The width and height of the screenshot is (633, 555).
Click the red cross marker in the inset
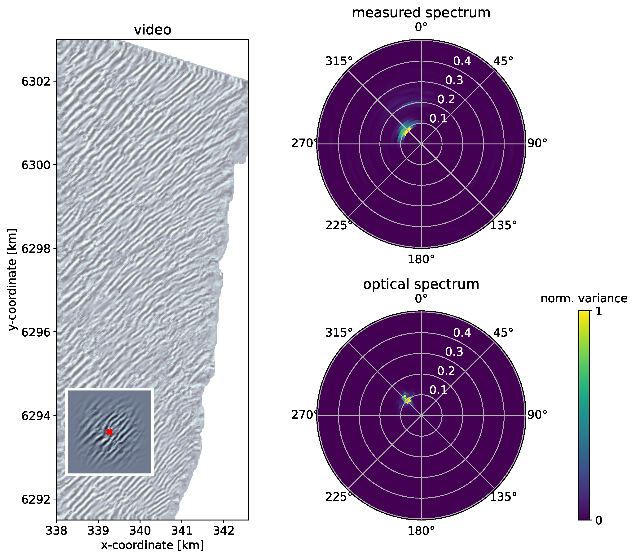[x=109, y=432]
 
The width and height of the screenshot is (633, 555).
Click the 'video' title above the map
[x=152, y=30]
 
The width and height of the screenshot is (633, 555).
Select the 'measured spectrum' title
[x=421, y=13]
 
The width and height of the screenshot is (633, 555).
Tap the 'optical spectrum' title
[x=421, y=284]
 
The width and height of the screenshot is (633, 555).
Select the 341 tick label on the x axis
[x=182, y=531]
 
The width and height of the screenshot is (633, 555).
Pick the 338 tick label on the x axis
[x=56, y=531]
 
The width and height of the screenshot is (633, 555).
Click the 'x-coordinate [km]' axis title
[x=152, y=545]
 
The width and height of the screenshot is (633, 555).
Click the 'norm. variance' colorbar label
[x=584, y=298]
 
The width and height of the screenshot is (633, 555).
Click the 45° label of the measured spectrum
[x=503, y=61]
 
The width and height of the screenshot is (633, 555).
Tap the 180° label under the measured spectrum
[x=421, y=259]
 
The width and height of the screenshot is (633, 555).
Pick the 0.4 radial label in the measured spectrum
[x=462, y=61]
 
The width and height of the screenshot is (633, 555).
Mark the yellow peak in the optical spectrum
[x=408, y=400]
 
